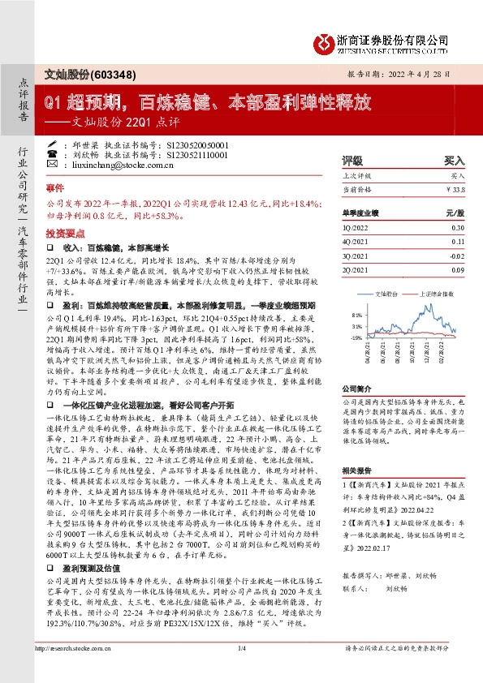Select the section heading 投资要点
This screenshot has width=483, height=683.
63,230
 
